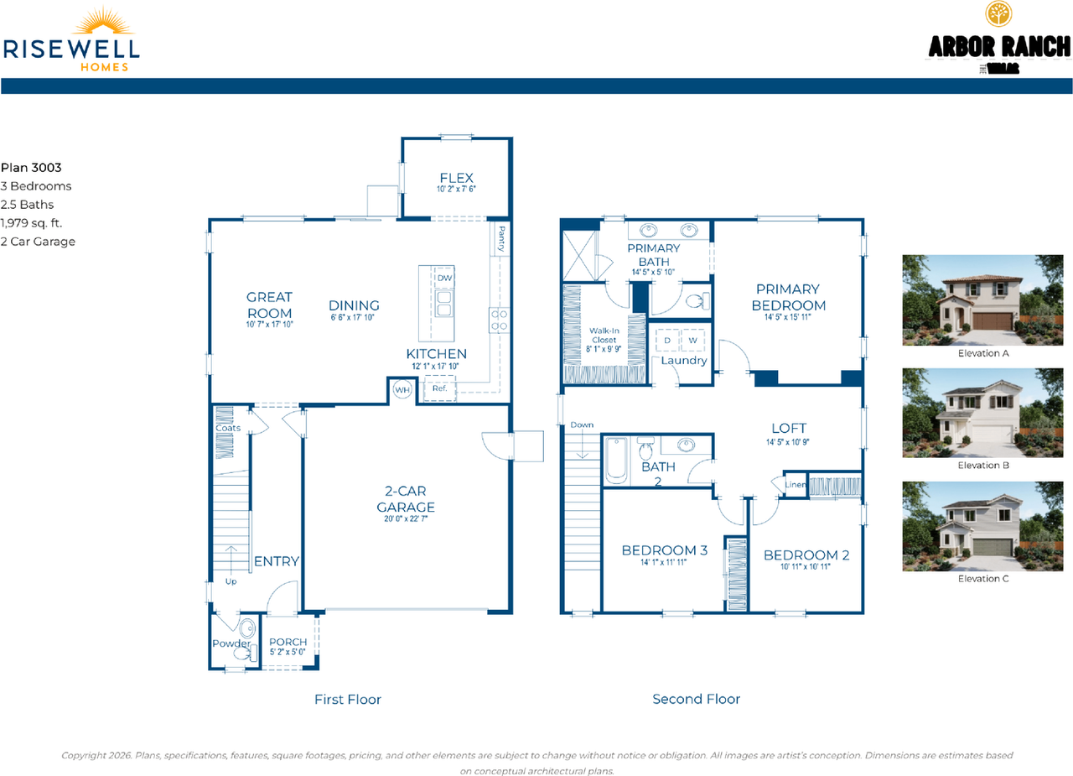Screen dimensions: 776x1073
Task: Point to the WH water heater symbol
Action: pyautogui.click(x=402, y=390)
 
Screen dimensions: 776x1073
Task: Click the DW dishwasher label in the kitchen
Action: pyautogui.click(x=443, y=279)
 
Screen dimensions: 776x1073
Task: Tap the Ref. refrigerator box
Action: pyautogui.click(x=439, y=389)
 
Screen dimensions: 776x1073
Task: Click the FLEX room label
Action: pyautogui.click(x=457, y=178)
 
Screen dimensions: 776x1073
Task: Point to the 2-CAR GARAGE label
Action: pyautogui.click(x=406, y=498)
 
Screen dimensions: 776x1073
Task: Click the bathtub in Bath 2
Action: pyautogui.click(x=616, y=461)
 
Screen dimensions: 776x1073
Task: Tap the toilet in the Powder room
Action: pyautogui.click(x=248, y=628)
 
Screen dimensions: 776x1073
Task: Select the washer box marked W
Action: pyautogui.click(x=692, y=341)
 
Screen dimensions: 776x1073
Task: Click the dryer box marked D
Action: pyautogui.click(x=667, y=341)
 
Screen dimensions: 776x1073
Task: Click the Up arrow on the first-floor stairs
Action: pyautogui.click(x=230, y=556)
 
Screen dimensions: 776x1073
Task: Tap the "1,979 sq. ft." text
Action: pyautogui.click(x=31, y=223)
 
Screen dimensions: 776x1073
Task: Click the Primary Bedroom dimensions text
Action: pyautogui.click(x=788, y=317)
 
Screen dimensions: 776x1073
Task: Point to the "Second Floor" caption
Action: pyautogui.click(x=696, y=699)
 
